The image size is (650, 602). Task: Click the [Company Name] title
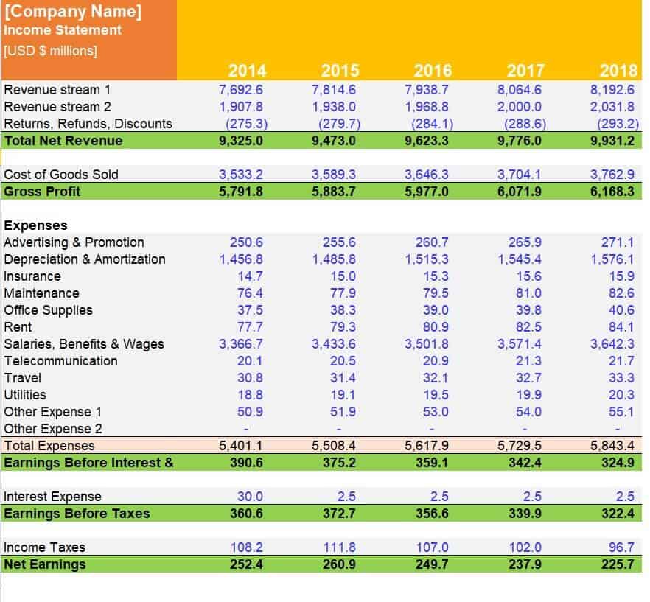73,12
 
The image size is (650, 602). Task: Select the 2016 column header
433,71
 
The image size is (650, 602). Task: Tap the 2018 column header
618,71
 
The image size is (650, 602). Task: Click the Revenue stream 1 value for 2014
241,90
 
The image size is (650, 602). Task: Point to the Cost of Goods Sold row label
61,175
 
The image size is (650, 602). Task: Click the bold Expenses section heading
35,225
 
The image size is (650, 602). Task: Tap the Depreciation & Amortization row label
85,259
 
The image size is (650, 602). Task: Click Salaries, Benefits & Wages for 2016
427,344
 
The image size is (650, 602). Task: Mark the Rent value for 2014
250,327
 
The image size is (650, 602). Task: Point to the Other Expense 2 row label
53,429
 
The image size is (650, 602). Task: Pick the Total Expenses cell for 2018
612,446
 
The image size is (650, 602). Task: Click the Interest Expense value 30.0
250,497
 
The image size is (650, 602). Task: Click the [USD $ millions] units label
50,51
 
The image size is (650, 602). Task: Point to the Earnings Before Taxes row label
77,514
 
